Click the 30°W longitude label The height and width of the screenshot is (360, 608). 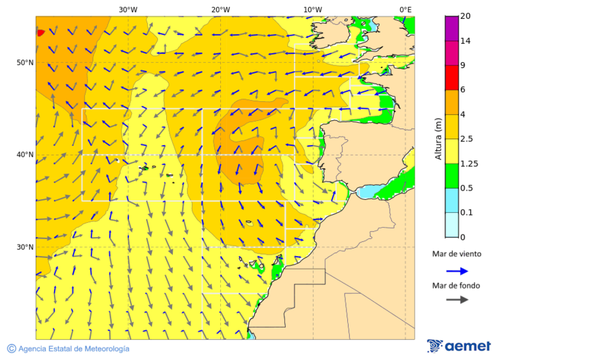128,9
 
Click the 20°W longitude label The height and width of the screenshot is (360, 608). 220,9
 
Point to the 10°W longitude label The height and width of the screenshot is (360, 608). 312,9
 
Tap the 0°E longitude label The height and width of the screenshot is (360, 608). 405,9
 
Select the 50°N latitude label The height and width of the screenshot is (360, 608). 25,63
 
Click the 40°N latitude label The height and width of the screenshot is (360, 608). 25,155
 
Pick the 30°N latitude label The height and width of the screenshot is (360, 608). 25,247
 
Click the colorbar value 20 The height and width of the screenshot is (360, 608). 465,16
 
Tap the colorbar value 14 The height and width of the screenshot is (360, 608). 465,41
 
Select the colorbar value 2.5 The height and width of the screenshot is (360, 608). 466,139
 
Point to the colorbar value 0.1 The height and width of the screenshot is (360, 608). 466,213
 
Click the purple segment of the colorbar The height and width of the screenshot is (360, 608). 451,28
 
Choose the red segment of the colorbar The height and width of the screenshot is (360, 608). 451,78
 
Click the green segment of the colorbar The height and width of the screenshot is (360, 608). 451,176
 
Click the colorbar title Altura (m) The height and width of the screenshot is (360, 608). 438,138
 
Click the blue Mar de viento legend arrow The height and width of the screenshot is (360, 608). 457,271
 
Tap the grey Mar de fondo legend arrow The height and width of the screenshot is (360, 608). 457,299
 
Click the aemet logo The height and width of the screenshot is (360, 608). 459,346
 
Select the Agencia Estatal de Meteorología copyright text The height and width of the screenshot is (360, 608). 68,349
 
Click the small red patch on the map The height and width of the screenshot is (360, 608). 40,32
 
